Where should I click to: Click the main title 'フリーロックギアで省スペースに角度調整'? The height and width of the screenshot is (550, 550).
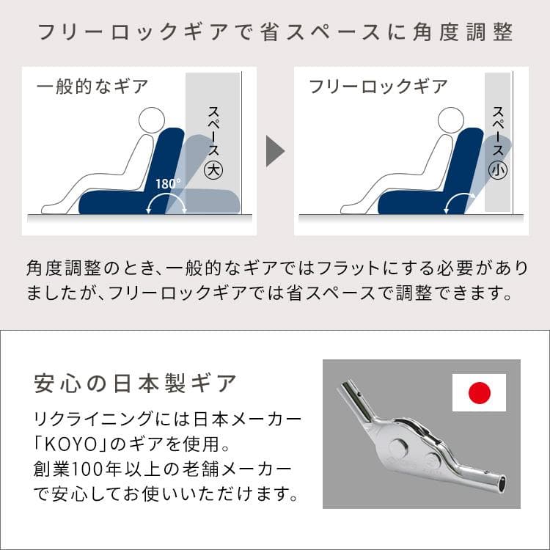click(x=275, y=33)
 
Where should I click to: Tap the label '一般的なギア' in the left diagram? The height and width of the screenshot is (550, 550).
click(x=92, y=87)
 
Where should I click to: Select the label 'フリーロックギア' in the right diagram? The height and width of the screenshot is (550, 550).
click(x=378, y=87)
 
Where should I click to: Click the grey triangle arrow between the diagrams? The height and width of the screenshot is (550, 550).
click(x=274, y=151)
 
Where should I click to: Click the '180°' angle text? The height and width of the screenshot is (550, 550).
click(x=168, y=183)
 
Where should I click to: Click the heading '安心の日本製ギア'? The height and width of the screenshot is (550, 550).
click(x=136, y=383)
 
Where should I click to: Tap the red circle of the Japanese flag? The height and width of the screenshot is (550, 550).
click(x=479, y=393)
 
